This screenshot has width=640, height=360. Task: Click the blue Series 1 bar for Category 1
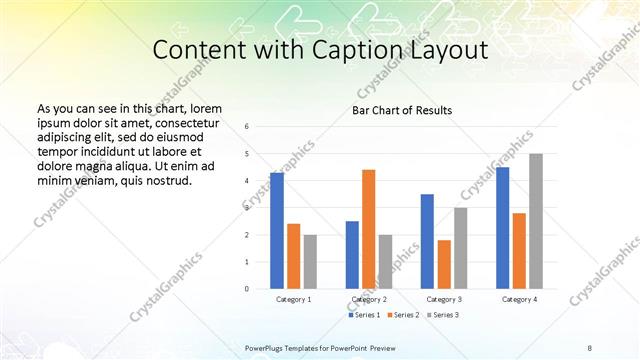pos(277,231)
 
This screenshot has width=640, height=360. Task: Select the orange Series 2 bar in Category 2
pos(369,229)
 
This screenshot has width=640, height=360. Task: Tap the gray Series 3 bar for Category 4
pos(536,221)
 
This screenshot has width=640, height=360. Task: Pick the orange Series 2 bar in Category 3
pos(444,264)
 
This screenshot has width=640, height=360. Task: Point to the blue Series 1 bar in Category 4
pos(502,228)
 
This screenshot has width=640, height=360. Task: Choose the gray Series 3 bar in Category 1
pos(310,262)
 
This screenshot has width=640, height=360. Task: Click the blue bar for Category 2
pos(352,255)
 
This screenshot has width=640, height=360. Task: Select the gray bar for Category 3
pos(461,248)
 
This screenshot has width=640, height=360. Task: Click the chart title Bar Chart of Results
pos(402,109)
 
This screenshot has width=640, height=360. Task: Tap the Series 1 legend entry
pos(366,315)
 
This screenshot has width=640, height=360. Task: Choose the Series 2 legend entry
pos(403,315)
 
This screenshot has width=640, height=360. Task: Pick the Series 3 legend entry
pos(442,315)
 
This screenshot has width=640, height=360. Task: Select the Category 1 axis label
pos(293,299)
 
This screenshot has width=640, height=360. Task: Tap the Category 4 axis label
pos(519,299)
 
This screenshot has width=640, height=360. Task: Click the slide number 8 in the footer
pos(590,346)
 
